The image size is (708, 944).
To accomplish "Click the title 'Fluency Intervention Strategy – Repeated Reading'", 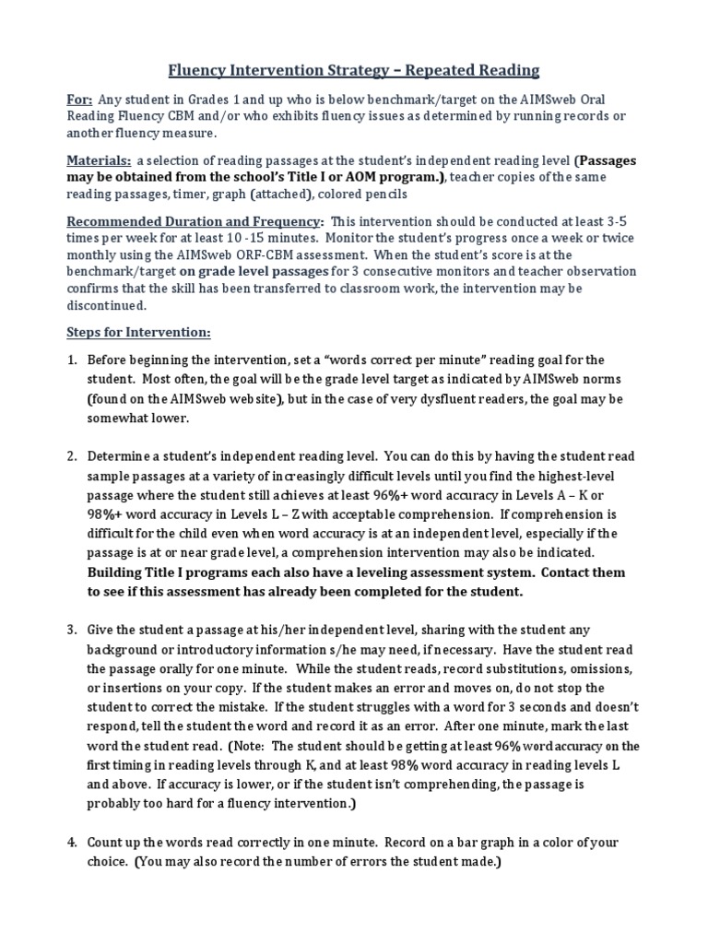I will [x=353, y=70].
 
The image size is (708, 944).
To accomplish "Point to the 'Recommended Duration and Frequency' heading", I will [x=195, y=222].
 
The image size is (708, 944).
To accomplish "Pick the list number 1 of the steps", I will [x=71, y=360].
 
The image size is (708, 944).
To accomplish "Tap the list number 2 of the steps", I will [x=71, y=456].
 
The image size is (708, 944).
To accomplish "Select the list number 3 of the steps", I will [x=71, y=630].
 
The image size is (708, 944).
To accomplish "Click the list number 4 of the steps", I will [x=71, y=843].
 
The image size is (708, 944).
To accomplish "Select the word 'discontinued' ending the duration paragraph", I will [x=107, y=305].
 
